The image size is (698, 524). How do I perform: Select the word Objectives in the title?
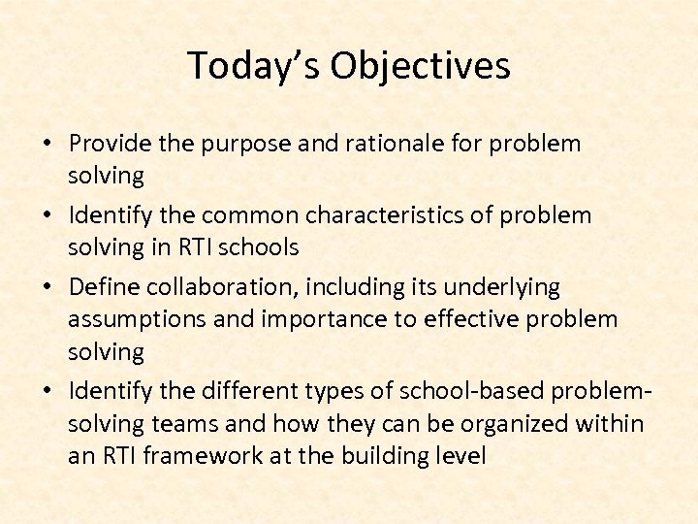point(420,66)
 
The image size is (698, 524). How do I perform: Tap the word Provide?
point(111,144)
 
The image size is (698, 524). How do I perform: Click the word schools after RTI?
point(259,247)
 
